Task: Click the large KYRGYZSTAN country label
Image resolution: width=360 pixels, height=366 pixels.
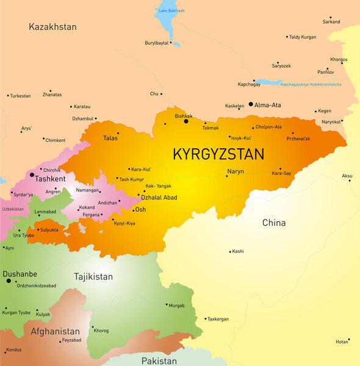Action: tap(218, 154)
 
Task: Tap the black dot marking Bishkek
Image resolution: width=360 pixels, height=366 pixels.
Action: tap(186, 121)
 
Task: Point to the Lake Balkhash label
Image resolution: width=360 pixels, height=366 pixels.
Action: tap(171, 11)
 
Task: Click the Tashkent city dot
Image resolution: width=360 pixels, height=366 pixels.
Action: tap(32, 174)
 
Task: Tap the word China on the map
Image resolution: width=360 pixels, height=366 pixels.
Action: tap(273, 223)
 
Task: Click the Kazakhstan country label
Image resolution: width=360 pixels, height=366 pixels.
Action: tap(52, 27)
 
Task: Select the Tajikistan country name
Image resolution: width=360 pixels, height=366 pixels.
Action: tap(93, 276)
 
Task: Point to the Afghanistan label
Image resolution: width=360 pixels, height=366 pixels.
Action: tap(55, 331)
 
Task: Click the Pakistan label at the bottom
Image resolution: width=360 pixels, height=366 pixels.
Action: tap(159, 361)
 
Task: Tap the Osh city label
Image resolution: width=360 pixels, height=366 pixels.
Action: tap(140, 209)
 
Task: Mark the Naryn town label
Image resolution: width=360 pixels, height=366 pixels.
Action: tap(235, 171)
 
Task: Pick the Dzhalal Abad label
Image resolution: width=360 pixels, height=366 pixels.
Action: tap(159, 197)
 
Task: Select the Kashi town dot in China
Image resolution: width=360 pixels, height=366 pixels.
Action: tap(230, 251)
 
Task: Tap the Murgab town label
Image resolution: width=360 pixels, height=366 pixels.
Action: tap(176, 305)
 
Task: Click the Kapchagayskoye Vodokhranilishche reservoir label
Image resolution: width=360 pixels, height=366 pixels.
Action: tap(311, 84)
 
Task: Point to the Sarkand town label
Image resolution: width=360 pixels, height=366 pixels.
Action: tap(331, 22)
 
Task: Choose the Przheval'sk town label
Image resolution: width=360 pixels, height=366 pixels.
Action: tap(298, 138)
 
